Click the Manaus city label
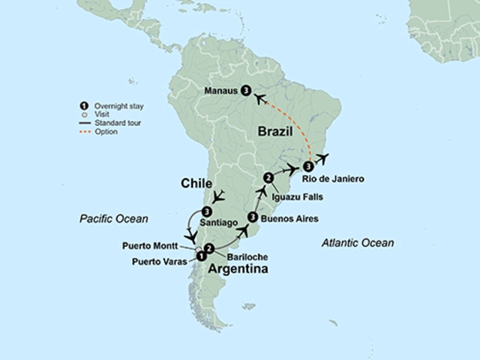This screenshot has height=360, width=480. click(221, 91)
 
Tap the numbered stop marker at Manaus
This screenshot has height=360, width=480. click(246, 91)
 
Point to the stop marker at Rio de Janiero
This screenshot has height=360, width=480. click(308, 166)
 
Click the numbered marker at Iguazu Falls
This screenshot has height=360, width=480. click(267, 178)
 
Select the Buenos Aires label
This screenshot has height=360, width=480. click(290, 219)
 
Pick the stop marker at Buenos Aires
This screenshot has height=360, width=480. click(253, 217)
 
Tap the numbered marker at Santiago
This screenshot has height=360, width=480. click(206, 211)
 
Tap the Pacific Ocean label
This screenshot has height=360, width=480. click(114, 218)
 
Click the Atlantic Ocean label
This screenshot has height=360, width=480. click(357, 242)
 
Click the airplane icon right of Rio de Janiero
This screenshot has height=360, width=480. click(322, 157)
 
